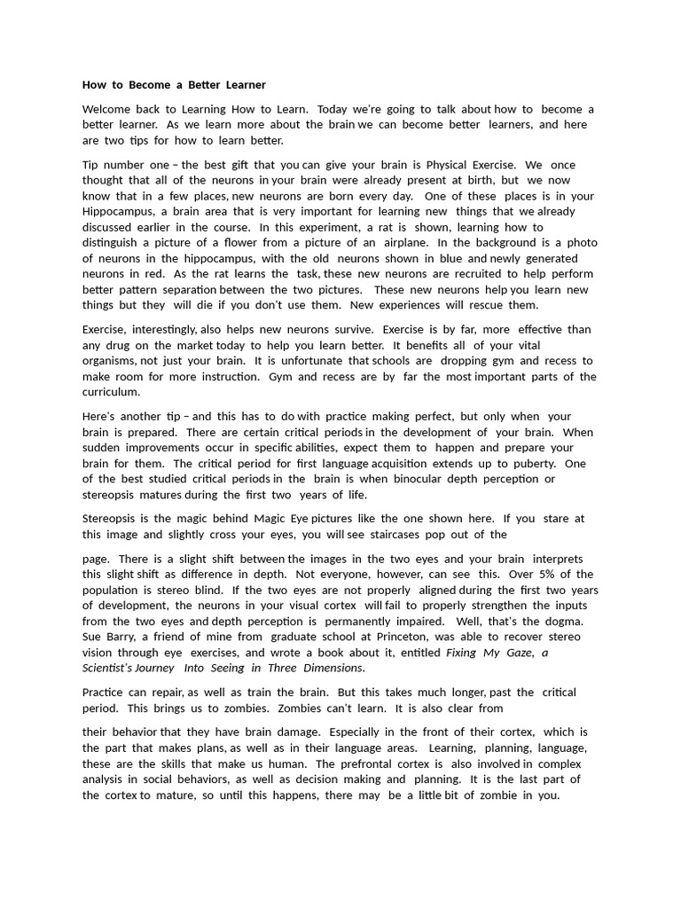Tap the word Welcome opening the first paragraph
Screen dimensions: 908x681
click(x=108, y=109)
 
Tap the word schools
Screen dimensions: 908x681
click(x=391, y=361)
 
